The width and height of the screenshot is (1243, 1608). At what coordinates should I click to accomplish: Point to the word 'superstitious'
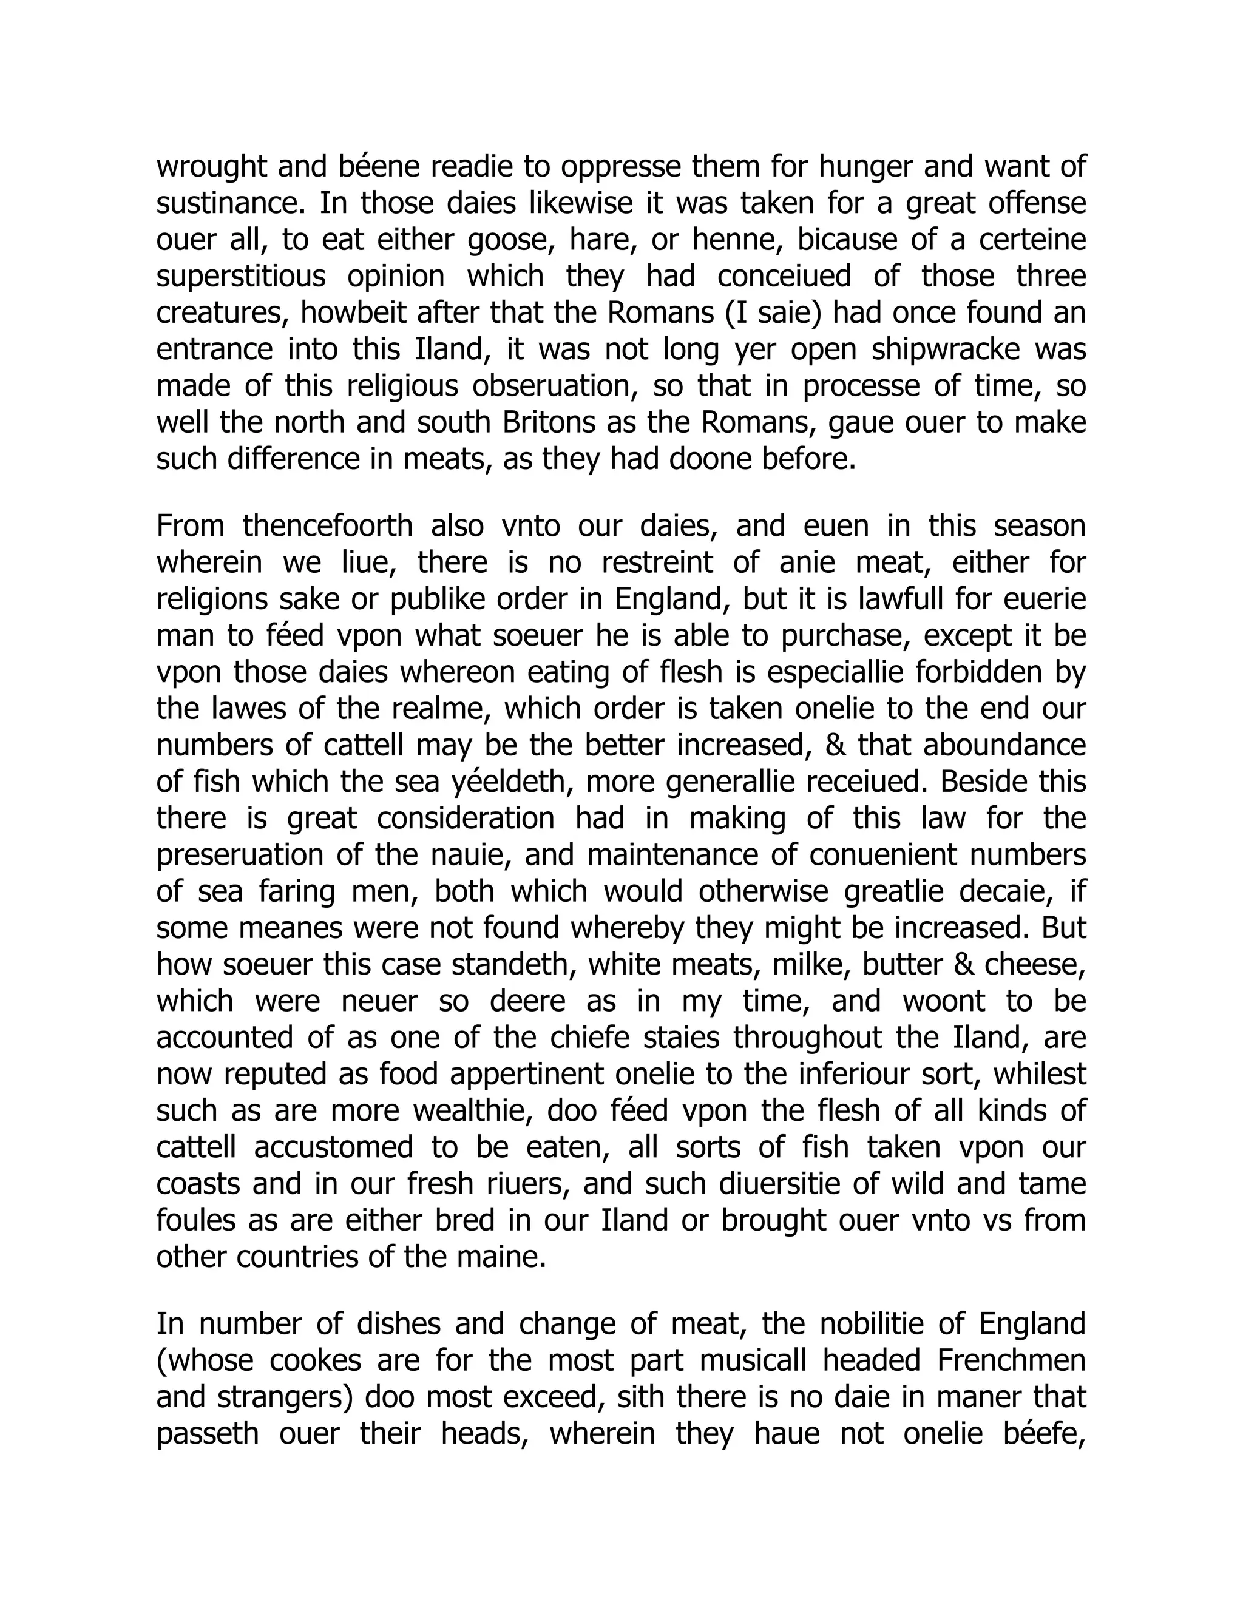[241, 277]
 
